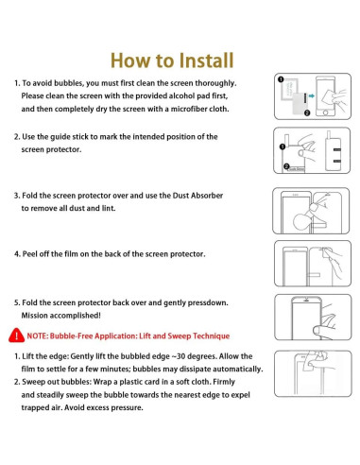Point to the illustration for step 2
[x=305, y=150]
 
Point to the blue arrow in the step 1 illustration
[x=313, y=95]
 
